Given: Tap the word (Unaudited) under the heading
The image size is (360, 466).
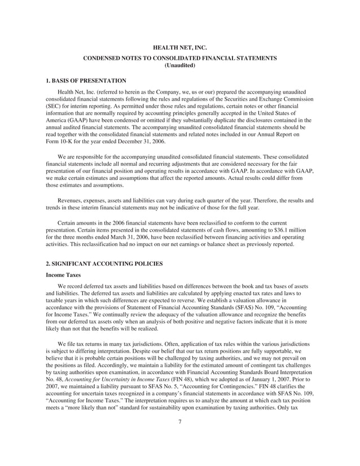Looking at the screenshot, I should [x=180, y=66].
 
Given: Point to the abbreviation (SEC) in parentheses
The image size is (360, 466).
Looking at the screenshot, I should [x=52, y=105].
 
